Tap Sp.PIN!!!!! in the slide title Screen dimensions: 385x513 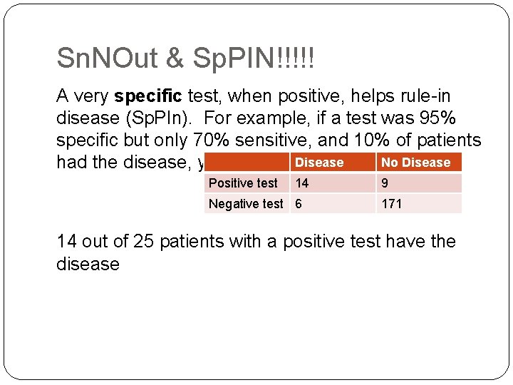(x=252, y=58)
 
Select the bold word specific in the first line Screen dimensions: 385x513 (x=149, y=96)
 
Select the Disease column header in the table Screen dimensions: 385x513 (x=318, y=163)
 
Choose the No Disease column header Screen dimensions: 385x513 (x=416, y=163)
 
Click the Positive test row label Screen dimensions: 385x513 (x=243, y=183)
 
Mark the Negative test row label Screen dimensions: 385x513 (x=245, y=204)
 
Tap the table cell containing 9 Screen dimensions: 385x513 (x=385, y=183)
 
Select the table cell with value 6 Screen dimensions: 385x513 (x=299, y=204)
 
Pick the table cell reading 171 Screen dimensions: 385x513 (x=392, y=204)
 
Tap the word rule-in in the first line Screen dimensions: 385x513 (x=421, y=96)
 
